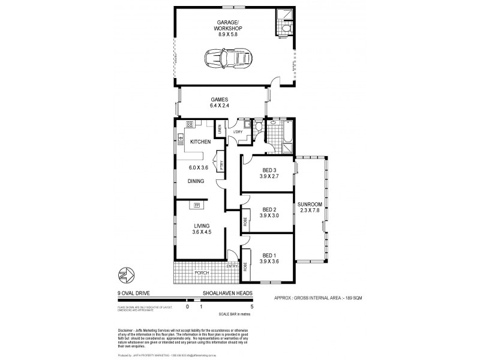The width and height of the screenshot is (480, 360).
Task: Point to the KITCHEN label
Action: pyautogui.click(x=200, y=142)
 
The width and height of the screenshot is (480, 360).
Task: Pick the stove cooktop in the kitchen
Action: pyautogui.click(x=190, y=125)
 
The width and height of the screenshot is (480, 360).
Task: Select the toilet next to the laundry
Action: pyautogui.click(x=258, y=127)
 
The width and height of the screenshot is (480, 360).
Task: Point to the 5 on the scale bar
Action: pyautogui.click(x=252, y=306)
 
